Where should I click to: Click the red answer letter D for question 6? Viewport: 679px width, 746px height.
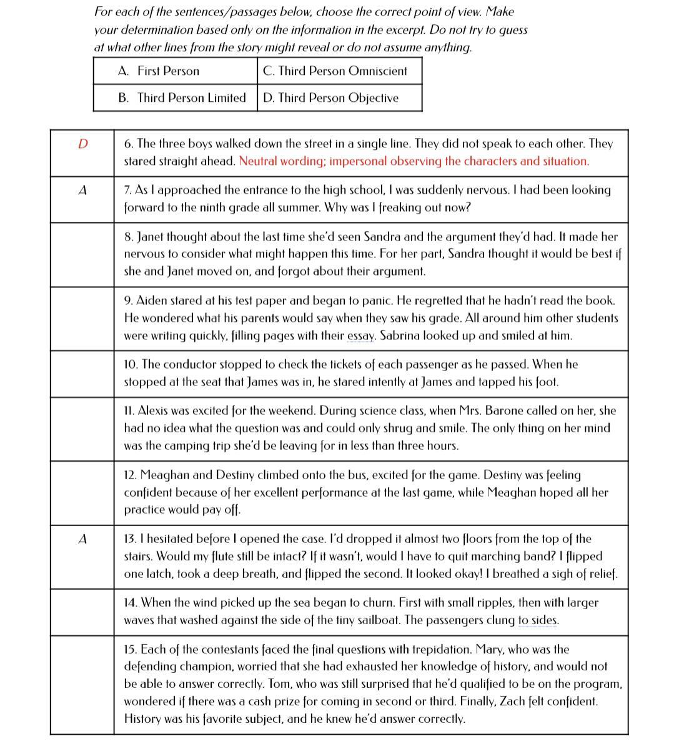click(82, 144)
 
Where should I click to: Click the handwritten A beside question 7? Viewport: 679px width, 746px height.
click(82, 191)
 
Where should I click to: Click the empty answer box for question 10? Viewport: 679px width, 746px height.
click(82, 374)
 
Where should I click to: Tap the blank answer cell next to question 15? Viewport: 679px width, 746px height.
click(82, 685)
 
